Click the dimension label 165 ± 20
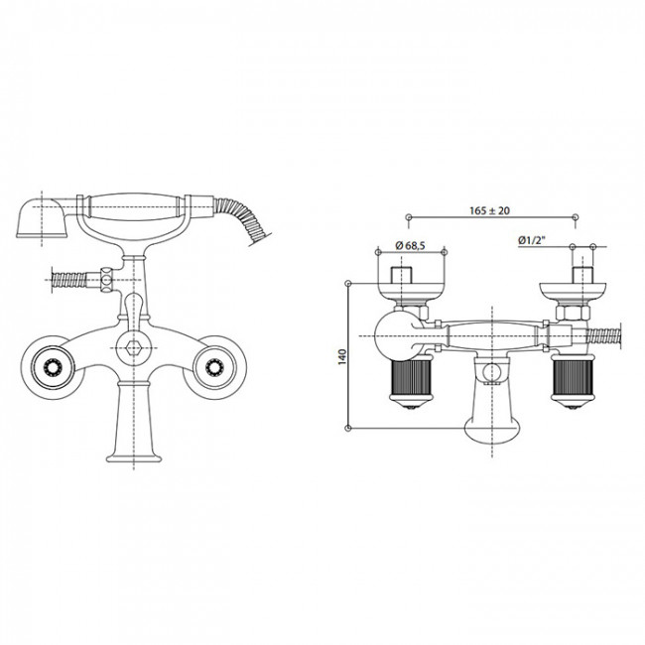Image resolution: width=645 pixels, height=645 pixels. [x=489, y=210]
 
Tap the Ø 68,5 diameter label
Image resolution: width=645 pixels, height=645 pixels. [x=410, y=245]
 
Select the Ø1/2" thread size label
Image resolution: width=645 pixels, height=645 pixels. [x=532, y=240]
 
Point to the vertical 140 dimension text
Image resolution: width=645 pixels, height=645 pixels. [x=342, y=356]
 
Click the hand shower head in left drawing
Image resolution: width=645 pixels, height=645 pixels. [x=41, y=218]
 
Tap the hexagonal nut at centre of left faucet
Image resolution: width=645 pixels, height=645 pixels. [x=134, y=348]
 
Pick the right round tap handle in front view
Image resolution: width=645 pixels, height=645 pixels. [x=214, y=367]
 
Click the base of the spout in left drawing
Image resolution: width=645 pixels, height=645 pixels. [x=134, y=456]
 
